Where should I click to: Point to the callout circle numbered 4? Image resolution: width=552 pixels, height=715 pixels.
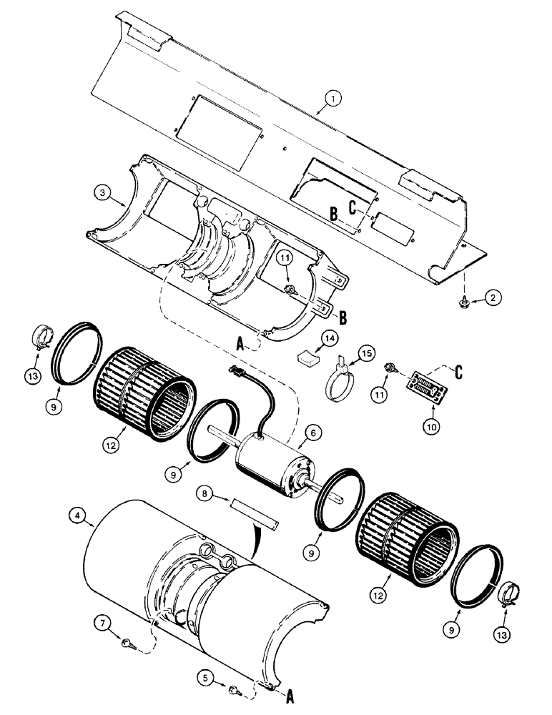point(77,516)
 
